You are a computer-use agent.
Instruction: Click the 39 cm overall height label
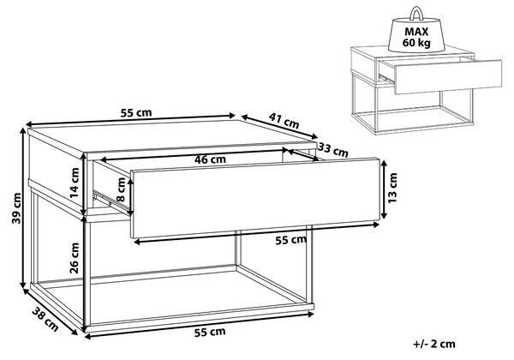click(16, 208)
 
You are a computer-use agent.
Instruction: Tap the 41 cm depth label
click(284, 120)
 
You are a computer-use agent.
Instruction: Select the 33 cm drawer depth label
click(333, 150)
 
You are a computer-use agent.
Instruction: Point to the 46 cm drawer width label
click(210, 159)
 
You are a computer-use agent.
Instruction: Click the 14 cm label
click(75, 183)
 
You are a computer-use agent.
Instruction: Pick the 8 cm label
click(121, 189)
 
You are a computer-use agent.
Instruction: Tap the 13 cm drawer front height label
click(392, 188)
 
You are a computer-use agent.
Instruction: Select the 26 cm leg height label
click(75, 258)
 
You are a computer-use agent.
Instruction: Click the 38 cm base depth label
click(45, 319)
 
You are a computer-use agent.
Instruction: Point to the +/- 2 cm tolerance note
click(434, 344)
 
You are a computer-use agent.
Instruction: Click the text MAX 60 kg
click(416, 37)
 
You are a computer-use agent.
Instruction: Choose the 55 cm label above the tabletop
click(136, 113)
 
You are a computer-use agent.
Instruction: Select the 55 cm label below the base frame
click(210, 332)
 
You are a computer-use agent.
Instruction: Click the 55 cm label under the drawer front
click(290, 240)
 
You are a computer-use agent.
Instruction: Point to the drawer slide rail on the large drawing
click(111, 201)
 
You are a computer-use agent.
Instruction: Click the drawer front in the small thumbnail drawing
click(448, 77)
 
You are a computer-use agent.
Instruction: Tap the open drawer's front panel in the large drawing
click(255, 198)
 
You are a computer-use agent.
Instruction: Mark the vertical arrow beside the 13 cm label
click(384, 189)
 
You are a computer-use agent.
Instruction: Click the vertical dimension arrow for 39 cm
click(23, 207)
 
